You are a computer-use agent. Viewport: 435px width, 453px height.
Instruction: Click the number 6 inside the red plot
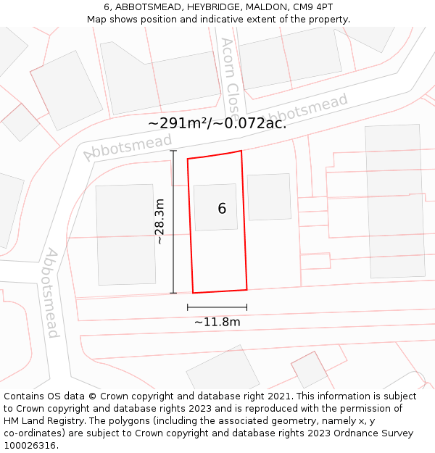tap(222, 209)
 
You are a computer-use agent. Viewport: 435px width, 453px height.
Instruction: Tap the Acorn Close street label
tap(231, 70)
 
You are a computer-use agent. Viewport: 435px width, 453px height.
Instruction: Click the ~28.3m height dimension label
tap(160, 221)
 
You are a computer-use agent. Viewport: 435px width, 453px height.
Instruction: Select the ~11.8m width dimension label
tap(217, 322)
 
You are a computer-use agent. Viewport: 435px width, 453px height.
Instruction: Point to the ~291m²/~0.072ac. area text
tap(217, 123)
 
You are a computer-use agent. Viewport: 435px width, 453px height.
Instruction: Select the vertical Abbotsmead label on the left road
tap(51, 293)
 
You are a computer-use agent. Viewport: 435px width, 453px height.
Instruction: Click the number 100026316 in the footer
tap(30, 445)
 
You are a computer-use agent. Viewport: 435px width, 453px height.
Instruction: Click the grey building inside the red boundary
tap(215, 207)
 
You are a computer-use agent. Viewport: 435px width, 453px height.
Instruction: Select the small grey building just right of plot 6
tap(269, 196)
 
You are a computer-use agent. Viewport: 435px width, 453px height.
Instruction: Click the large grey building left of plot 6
tap(125, 234)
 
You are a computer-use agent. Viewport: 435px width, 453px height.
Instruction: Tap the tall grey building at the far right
tap(395, 201)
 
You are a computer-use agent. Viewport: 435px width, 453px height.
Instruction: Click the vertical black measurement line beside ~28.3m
tap(173, 221)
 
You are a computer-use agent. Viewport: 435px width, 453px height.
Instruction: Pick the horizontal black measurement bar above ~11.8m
tap(217, 307)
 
